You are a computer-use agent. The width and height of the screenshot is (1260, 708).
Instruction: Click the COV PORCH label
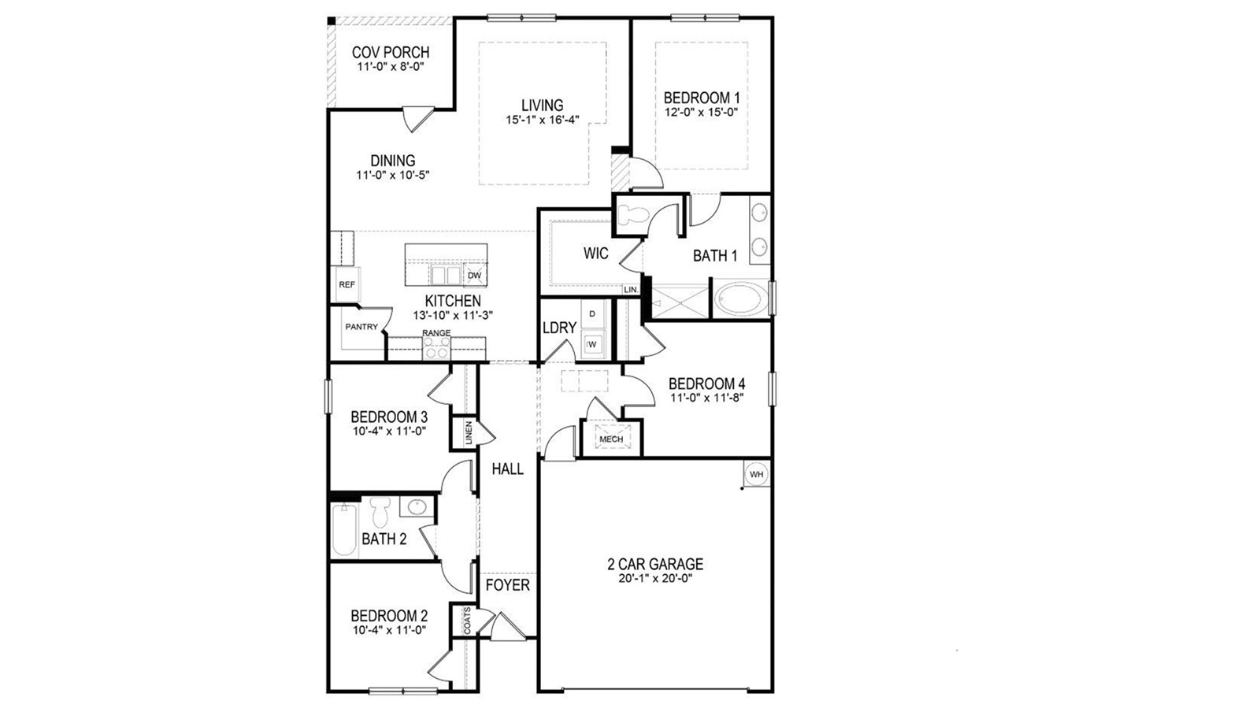pyautogui.click(x=391, y=53)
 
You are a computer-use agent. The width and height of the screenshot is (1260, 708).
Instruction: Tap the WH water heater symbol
pyautogui.click(x=756, y=474)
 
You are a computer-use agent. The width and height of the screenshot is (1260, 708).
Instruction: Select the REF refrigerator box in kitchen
pyautogui.click(x=346, y=284)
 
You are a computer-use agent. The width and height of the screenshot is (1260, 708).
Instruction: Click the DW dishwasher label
pyautogui.click(x=474, y=276)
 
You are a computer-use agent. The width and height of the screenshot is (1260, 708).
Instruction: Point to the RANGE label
pyautogui.click(x=436, y=333)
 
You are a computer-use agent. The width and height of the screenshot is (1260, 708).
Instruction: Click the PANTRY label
pyautogui.click(x=361, y=327)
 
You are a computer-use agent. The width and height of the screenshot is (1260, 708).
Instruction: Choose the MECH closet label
pyautogui.click(x=611, y=439)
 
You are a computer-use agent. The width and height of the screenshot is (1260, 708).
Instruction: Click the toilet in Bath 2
pyautogui.click(x=381, y=513)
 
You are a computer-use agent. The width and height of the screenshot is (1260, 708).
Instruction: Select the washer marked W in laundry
pyautogui.click(x=593, y=344)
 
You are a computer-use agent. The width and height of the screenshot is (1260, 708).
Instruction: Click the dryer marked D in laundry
pyautogui.click(x=593, y=314)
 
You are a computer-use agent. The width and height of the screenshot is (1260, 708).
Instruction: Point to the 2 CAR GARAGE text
pyautogui.click(x=655, y=564)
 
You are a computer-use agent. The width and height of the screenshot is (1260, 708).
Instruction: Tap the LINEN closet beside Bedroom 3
pyautogui.click(x=468, y=434)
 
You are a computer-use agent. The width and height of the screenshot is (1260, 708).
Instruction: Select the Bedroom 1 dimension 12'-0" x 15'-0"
pyautogui.click(x=701, y=112)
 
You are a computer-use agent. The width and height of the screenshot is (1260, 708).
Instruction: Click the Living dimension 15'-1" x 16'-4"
pyautogui.click(x=542, y=120)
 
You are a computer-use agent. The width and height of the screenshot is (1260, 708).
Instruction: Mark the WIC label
pyautogui.click(x=596, y=254)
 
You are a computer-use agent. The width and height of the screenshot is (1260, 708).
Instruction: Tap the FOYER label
pyautogui.click(x=507, y=585)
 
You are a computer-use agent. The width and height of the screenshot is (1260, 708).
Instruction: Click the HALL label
pyautogui.click(x=507, y=469)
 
